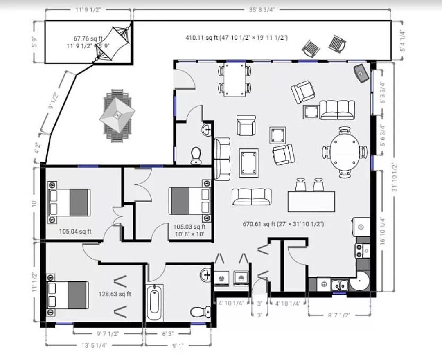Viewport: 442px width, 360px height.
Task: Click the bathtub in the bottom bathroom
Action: coord(154,302)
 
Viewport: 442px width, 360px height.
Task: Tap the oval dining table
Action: coord(345,152)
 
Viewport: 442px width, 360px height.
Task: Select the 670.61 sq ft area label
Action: coord(283,224)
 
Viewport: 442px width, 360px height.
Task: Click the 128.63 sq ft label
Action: coord(115,294)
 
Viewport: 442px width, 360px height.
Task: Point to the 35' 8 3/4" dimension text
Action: coord(262,10)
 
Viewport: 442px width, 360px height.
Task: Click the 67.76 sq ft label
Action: coord(88,38)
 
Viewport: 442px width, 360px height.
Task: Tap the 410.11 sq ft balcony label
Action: coord(237,38)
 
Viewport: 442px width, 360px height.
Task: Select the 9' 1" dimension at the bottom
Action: coord(178,345)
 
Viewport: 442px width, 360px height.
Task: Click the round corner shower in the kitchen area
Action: coord(359,281)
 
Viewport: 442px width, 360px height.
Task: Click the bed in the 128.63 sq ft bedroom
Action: coord(68,295)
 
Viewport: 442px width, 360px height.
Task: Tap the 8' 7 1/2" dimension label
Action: coord(339,315)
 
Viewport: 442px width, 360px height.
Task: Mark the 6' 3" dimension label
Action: coord(168,334)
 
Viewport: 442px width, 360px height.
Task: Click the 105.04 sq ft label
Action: coord(75,232)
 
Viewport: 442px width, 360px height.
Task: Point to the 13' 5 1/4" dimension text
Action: coord(94,345)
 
